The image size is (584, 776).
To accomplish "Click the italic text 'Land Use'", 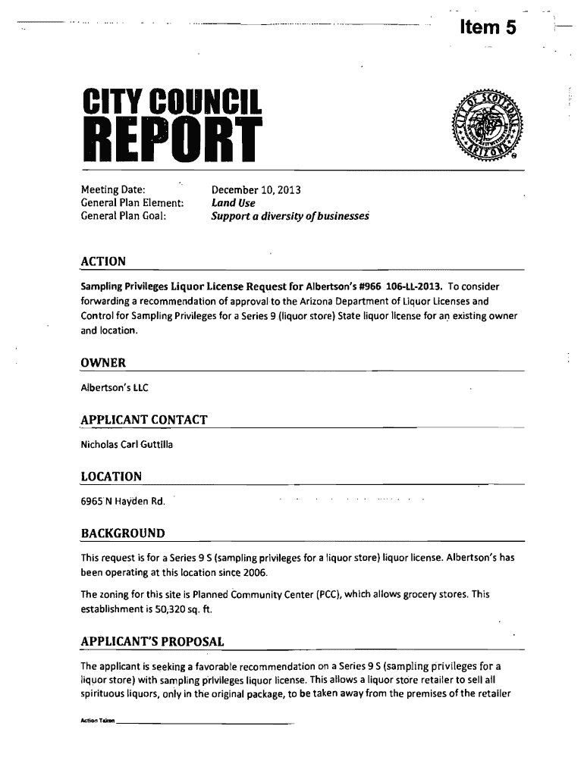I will pyautogui.click(x=233, y=203).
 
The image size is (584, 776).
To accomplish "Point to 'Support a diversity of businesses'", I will pyautogui.click(x=290, y=217).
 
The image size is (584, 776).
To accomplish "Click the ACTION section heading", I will pyautogui.click(x=103, y=261).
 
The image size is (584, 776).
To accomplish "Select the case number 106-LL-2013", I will pyautogui.click(x=414, y=286).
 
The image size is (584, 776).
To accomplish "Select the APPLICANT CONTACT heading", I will pyautogui.click(x=144, y=420).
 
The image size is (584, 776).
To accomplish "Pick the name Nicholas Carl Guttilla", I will pyautogui.click(x=127, y=444).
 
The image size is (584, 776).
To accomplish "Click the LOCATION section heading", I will pyautogui.click(x=111, y=476).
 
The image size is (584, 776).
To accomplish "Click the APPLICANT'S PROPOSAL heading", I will pyautogui.click(x=152, y=642).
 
